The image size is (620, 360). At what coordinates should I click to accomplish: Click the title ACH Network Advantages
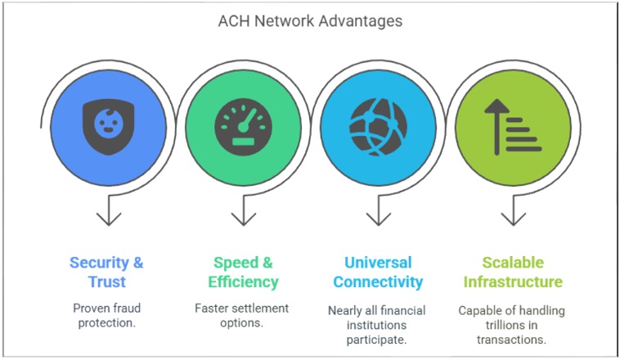point(310,21)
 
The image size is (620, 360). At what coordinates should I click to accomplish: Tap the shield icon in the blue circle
point(108,126)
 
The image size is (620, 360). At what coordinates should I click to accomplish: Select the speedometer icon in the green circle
point(243,127)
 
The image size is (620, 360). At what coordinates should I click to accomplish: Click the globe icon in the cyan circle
point(379,127)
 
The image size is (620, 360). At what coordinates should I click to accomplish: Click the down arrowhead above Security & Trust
point(108,219)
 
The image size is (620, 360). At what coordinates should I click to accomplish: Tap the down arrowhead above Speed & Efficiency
point(243,219)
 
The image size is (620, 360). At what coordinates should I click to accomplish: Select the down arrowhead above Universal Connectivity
point(379,219)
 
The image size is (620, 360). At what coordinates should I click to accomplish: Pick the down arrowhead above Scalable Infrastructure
point(513,219)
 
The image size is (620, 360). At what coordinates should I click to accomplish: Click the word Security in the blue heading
point(99,263)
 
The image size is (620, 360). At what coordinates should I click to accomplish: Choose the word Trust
point(107,282)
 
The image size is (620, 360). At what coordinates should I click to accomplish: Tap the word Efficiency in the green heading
point(243,282)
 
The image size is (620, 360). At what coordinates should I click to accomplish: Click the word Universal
point(378,263)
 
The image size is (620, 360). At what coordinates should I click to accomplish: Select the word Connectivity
point(378,282)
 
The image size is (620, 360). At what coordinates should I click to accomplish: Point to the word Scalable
point(513,263)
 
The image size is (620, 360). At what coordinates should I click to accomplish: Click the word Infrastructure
point(513,282)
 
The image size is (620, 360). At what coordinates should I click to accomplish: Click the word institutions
point(376,325)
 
